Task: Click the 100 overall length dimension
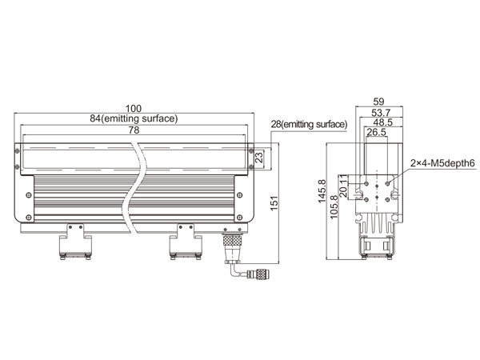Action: click(x=134, y=109)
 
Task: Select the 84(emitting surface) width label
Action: click(x=134, y=118)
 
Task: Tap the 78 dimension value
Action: click(x=134, y=130)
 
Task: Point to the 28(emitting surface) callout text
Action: click(x=309, y=124)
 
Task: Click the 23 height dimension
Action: click(x=259, y=157)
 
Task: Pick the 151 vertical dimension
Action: click(x=274, y=202)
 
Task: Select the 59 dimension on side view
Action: click(x=378, y=102)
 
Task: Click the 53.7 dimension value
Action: click(x=381, y=113)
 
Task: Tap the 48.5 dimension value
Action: click(x=383, y=122)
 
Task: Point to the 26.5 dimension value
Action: click(x=377, y=132)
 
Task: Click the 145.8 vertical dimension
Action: click(x=322, y=191)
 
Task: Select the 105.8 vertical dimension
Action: click(x=334, y=207)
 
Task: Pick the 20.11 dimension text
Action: click(x=343, y=186)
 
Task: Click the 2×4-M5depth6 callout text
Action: click(x=443, y=163)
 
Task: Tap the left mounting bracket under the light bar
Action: click(x=75, y=242)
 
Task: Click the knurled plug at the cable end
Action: click(x=262, y=274)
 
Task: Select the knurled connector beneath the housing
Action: click(x=232, y=240)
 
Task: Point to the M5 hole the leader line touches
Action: click(x=387, y=183)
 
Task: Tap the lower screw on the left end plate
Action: click(x=29, y=218)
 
